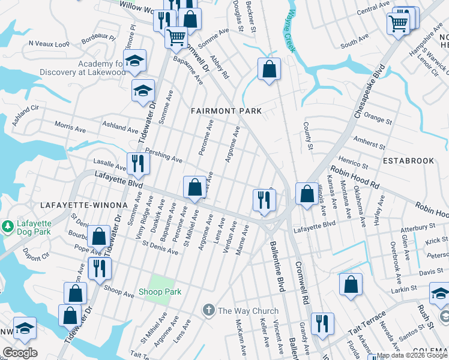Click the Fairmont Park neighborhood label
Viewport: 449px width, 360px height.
(226, 111)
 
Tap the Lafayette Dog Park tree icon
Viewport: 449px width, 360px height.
(7, 227)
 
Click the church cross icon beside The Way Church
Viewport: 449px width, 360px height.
(208, 310)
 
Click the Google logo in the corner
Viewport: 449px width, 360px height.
(20, 353)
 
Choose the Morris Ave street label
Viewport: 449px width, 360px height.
(70, 128)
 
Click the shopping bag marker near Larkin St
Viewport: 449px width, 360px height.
(351, 285)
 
